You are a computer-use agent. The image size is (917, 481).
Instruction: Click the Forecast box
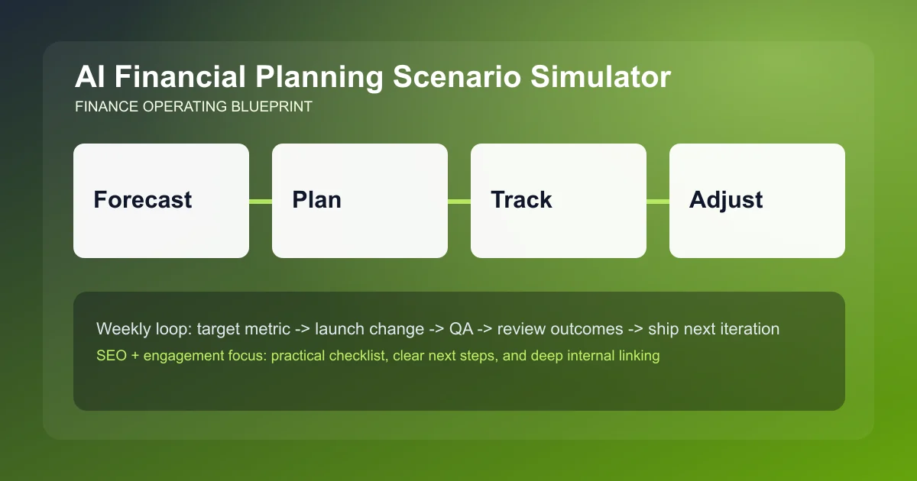point(161,201)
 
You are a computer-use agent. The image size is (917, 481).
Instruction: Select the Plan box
point(360,201)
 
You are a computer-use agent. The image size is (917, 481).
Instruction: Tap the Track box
point(559,201)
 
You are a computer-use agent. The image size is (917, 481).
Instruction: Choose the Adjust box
point(757,201)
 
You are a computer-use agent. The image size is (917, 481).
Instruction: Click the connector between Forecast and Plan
point(261,202)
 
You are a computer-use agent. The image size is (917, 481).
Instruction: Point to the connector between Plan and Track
point(459,202)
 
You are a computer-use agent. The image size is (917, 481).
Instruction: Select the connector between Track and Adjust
point(658,202)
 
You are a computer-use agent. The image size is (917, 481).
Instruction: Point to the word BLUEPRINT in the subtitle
point(271,107)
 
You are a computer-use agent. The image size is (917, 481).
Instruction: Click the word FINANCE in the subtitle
point(107,107)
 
